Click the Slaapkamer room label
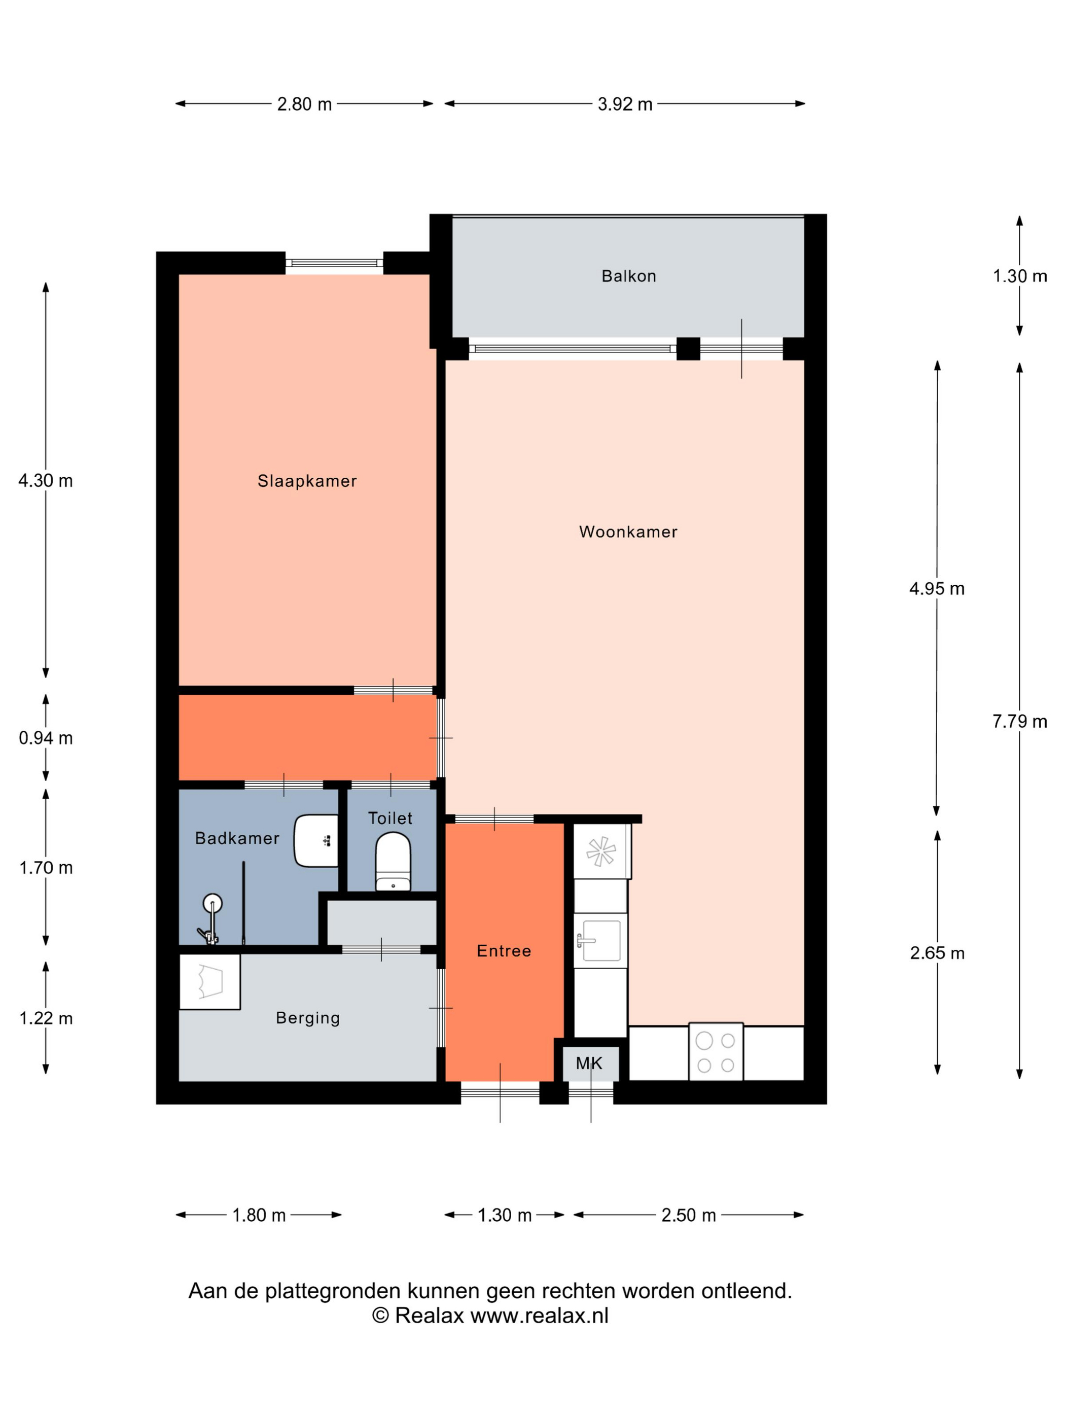coord(307,481)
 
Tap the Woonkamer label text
coord(628,531)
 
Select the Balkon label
coord(628,276)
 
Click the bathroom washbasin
coord(316,841)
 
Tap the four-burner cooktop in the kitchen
coord(716,1051)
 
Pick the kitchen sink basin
coord(600,940)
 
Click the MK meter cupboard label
coord(589,1063)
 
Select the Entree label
coord(504,951)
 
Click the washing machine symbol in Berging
coord(210,981)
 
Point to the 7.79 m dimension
coord(1019,722)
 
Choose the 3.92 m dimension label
coord(625,104)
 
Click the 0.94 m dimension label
coord(46,738)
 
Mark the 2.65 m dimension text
coord(937,953)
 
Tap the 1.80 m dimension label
coord(259,1215)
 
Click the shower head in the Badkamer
coord(212,904)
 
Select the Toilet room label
coord(390,819)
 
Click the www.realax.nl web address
coord(539,1316)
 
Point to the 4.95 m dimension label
coord(937,589)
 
